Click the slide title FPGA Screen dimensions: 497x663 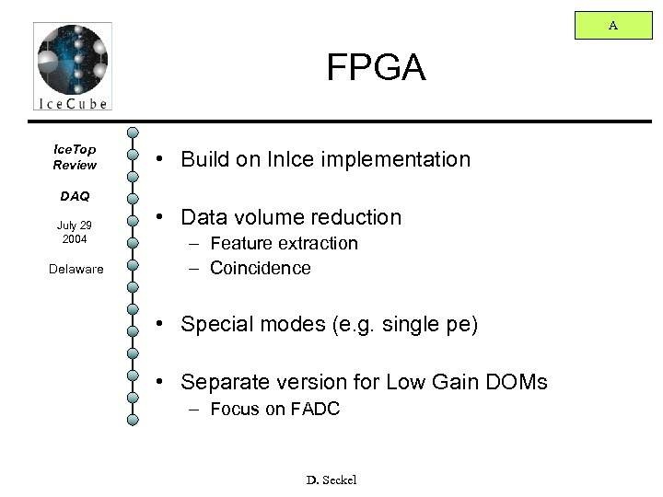click(376, 67)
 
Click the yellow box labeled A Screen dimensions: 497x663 click(612, 27)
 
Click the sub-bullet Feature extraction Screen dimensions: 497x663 click(284, 244)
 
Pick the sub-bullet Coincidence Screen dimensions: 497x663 click(260, 269)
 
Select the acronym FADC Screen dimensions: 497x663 click(313, 410)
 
